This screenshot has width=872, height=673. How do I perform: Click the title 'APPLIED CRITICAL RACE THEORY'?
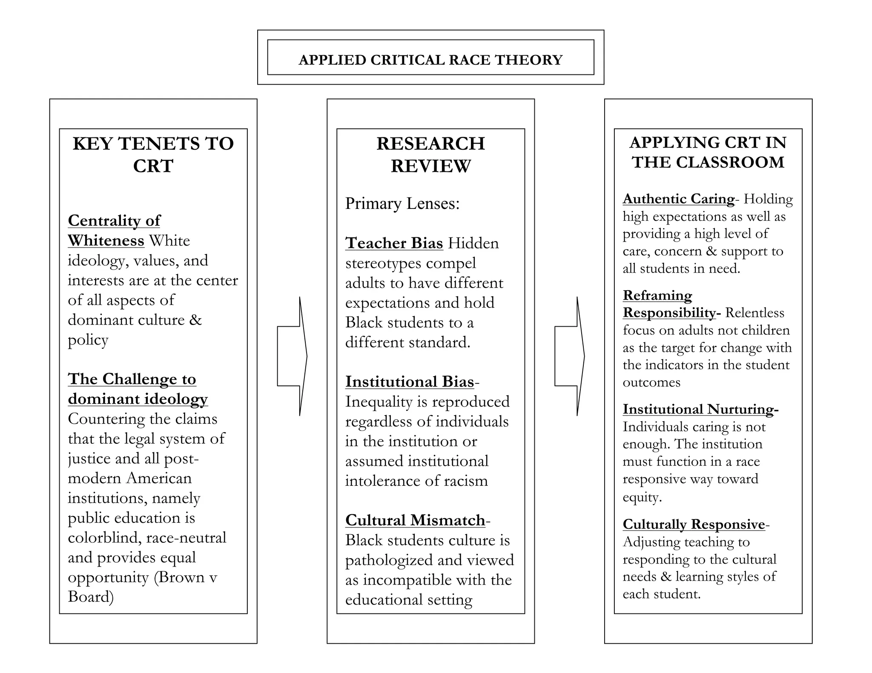tap(430, 60)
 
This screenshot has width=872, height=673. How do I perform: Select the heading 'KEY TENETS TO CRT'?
tap(153, 154)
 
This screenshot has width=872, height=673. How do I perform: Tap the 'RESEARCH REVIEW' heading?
tap(430, 154)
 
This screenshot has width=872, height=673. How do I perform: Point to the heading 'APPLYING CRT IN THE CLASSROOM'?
tap(708, 152)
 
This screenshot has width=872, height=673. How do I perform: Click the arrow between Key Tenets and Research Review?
tap(292, 356)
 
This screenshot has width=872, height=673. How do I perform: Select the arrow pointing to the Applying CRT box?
tap(569, 356)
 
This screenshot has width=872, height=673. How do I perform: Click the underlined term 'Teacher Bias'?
tap(394, 243)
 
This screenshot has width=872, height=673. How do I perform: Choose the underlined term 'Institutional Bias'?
tap(409, 382)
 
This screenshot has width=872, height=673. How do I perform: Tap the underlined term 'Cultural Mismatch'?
tap(415, 520)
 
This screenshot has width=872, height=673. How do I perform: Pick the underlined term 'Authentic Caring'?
tap(678, 199)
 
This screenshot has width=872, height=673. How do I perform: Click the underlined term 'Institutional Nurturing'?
tap(698, 409)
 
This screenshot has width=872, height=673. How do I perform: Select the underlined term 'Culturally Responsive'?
tap(694, 524)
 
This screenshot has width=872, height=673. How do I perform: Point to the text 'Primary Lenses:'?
tap(402, 204)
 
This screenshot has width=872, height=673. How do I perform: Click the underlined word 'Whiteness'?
tap(106, 241)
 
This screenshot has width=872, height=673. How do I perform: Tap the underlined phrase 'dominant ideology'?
tap(138, 399)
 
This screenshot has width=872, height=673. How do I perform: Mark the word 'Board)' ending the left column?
tap(91, 597)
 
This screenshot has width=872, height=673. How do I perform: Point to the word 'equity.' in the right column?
tap(642, 497)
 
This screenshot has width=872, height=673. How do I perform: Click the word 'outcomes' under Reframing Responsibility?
tap(651, 382)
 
